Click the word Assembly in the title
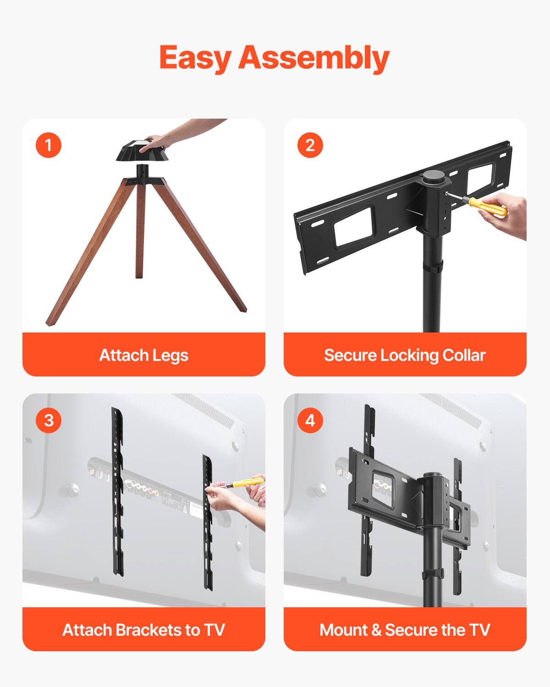313,58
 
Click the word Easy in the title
195,58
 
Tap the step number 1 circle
49,145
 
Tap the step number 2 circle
310,145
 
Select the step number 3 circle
49,420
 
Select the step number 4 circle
310,420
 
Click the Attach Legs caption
144,355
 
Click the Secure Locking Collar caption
405,355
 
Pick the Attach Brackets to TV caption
144,630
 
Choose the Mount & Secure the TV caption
405,630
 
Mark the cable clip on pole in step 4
433,573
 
